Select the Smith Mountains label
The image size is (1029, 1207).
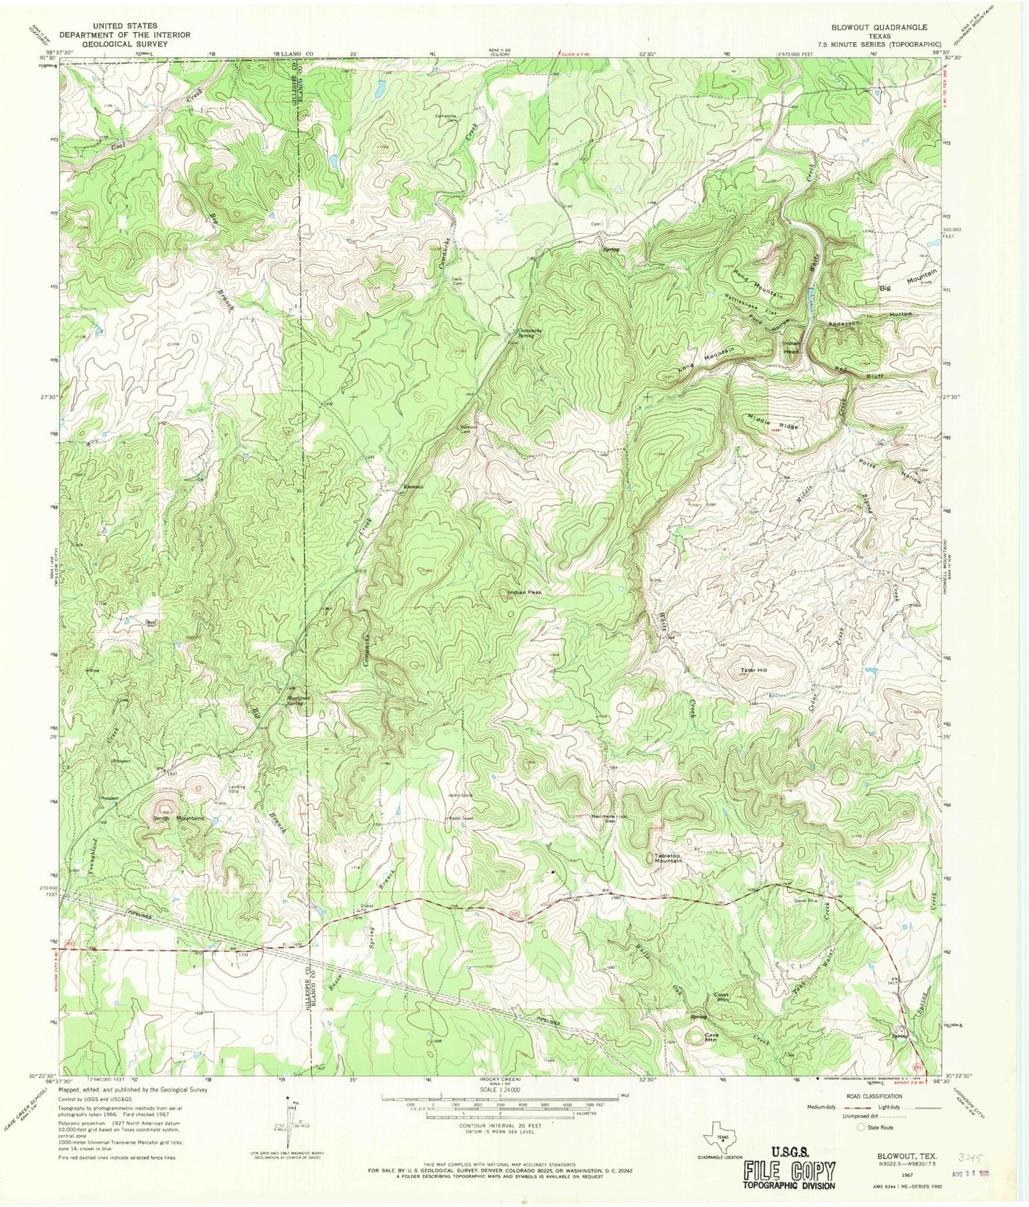pyautogui.click(x=179, y=819)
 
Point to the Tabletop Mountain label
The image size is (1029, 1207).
pyautogui.click(x=668, y=859)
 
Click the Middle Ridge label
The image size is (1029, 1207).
pyautogui.click(x=773, y=421)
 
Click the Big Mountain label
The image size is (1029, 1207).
pyautogui.click(x=908, y=281)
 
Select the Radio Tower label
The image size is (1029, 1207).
pyautogui.click(x=461, y=818)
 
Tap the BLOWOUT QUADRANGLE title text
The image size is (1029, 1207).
pyautogui.click(x=879, y=27)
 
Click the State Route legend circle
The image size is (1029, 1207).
pyautogui.click(x=861, y=1127)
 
